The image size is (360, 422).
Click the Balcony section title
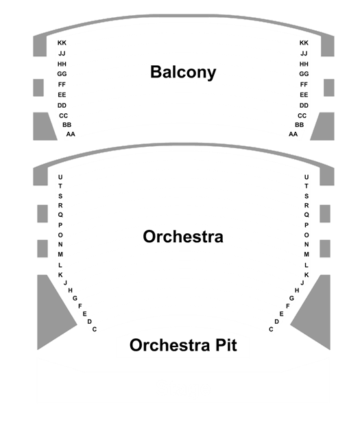[x=183, y=72]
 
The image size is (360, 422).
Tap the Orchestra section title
[x=183, y=237]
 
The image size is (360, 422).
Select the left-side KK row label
[x=62, y=43]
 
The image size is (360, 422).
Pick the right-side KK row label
[x=304, y=43]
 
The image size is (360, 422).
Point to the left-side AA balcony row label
[x=71, y=134]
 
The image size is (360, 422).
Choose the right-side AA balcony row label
[x=293, y=134]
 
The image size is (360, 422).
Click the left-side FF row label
[x=62, y=84]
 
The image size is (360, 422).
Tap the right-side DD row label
[x=304, y=106]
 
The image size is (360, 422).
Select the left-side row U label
[x=60, y=177]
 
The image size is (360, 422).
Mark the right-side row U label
[x=307, y=177]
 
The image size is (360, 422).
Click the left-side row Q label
[x=60, y=215]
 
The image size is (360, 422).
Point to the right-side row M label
[x=307, y=255]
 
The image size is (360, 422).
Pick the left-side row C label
[x=95, y=329]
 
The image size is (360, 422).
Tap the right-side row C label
[x=271, y=329]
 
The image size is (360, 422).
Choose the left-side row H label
[x=70, y=290]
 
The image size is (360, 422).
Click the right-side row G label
[x=291, y=298]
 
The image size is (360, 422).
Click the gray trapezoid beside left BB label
[x=43, y=126]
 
